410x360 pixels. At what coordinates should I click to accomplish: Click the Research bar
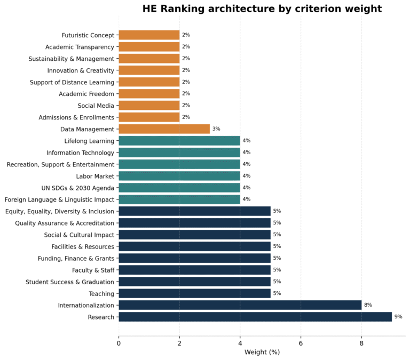[255, 317]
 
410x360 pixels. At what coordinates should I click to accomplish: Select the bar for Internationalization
[240, 305]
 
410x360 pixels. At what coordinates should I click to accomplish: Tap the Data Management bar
[164, 129]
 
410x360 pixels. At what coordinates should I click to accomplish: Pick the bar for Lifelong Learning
[179, 141]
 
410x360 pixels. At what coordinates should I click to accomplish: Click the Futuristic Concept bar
[149, 35]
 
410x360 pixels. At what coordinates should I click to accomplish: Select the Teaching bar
[194, 293]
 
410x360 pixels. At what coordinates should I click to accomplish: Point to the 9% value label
[398, 317]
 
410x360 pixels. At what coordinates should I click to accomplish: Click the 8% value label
[368, 305]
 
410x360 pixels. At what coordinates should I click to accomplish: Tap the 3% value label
[216, 129]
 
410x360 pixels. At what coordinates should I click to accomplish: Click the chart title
[262, 9]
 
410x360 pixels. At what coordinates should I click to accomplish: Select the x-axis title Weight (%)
[262, 352]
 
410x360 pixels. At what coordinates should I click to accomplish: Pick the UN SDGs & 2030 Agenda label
[78, 188]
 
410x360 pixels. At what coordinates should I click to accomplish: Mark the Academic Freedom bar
[149, 94]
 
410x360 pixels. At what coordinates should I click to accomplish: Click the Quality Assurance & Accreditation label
[65, 223]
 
